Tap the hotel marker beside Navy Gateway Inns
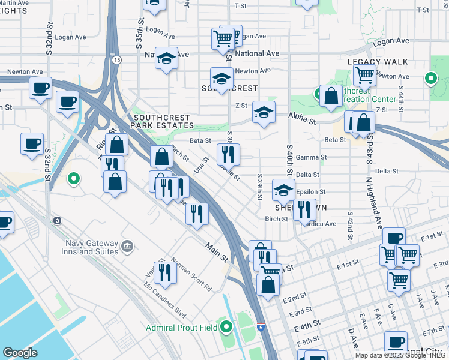[127, 245]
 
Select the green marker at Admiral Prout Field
[226, 327]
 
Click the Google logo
[20, 353]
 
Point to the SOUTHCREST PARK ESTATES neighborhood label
[163, 122]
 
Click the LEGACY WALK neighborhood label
[378, 62]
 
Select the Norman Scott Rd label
[191, 274]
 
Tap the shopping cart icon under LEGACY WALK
[364, 76]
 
